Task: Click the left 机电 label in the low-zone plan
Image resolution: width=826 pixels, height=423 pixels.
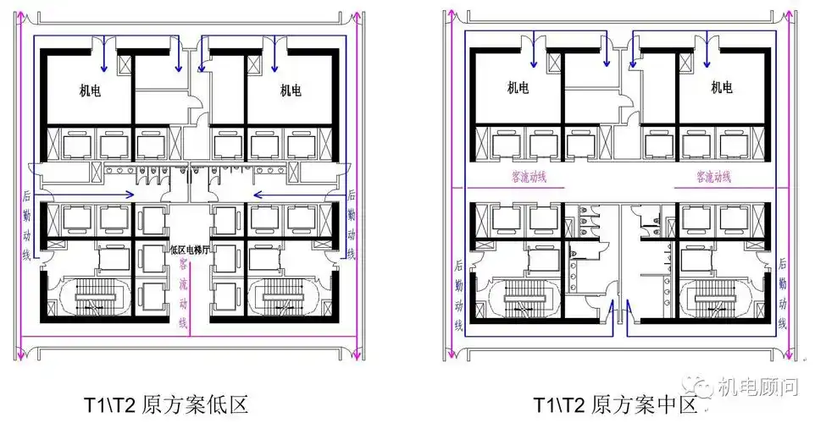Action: pos(82,90)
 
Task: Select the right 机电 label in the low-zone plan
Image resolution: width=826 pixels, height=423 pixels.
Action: pos(290,90)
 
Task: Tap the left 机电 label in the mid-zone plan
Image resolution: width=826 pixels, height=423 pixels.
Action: pos(518,86)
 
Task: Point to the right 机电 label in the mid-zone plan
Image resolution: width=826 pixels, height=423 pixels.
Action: pos(721,86)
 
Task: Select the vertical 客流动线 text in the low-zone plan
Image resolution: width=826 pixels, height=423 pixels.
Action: pos(184,293)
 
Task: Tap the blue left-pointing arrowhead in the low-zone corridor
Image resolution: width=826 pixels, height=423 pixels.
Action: pos(256,194)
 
